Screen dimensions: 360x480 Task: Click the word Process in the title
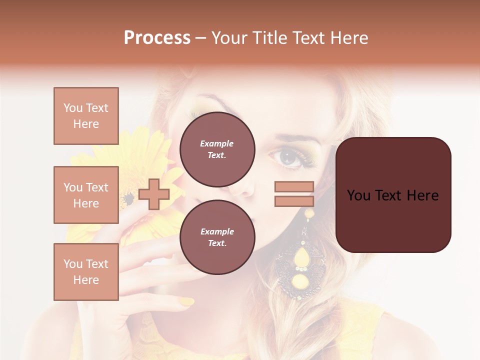tap(157, 38)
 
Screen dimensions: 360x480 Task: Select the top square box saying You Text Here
tap(86, 116)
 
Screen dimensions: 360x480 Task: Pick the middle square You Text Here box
tap(86, 195)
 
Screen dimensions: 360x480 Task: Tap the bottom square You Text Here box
tap(86, 272)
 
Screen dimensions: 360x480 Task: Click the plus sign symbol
tap(154, 194)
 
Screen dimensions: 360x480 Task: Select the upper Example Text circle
tap(217, 149)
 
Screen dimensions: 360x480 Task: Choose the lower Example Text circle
tap(217, 237)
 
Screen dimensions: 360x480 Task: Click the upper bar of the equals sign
tap(294, 186)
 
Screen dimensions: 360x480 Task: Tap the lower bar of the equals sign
tap(294, 201)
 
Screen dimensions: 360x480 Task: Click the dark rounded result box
tap(393, 195)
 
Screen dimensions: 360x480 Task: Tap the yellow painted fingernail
tap(186, 301)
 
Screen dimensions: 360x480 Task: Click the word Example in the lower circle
tap(217, 231)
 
